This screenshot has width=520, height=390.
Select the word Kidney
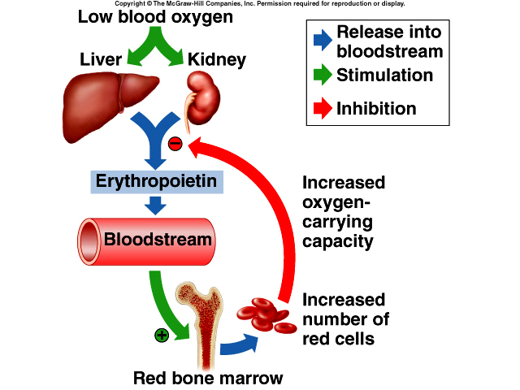(x=216, y=60)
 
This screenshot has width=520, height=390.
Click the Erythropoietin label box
(x=157, y=180)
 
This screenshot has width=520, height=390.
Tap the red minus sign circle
(x=175, y=144)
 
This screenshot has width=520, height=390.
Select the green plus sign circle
(x=162, y=334)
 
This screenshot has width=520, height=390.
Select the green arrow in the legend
(x=321, y=75)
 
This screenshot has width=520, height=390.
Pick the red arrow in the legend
(x=321, y=108)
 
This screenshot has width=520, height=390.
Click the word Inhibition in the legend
(x=376, y=108)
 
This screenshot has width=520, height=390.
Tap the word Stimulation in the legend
(x=385, y=75)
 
